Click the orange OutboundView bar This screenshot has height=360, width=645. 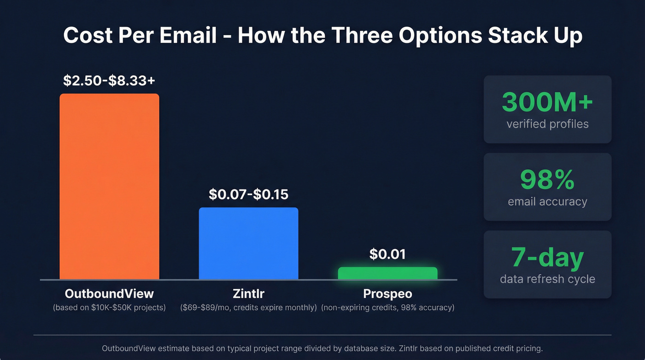click(x=109, y=187)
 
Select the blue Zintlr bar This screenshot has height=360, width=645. click(x=248, y=243)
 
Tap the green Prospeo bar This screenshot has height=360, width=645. click(x=387, y=273)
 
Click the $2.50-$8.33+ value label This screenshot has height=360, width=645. click(x=109, y=80)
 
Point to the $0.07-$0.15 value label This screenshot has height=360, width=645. click(x=248, y=194)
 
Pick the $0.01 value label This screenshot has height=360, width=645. click(x=387, y=254)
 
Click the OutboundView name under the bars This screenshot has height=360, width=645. click(x=109, y=294)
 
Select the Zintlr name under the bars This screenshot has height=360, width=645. click(x=248, y=294)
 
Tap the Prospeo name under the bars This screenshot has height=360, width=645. click(x=387, y=294)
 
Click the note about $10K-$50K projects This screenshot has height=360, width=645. click(x=109, y=307)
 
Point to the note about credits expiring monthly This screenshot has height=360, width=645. click(x=248, y=307)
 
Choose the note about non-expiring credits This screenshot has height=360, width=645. click(x=387, y=307)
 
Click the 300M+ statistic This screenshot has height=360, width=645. click(x=547, y=102)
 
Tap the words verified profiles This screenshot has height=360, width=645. click(x=547, y=124)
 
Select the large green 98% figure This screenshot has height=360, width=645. click(x=547, y=180)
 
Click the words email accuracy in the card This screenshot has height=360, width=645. click(x=547, y=201)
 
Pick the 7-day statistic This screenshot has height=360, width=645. click(x=547, y=257)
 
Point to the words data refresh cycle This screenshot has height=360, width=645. click(x=547, y=279)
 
